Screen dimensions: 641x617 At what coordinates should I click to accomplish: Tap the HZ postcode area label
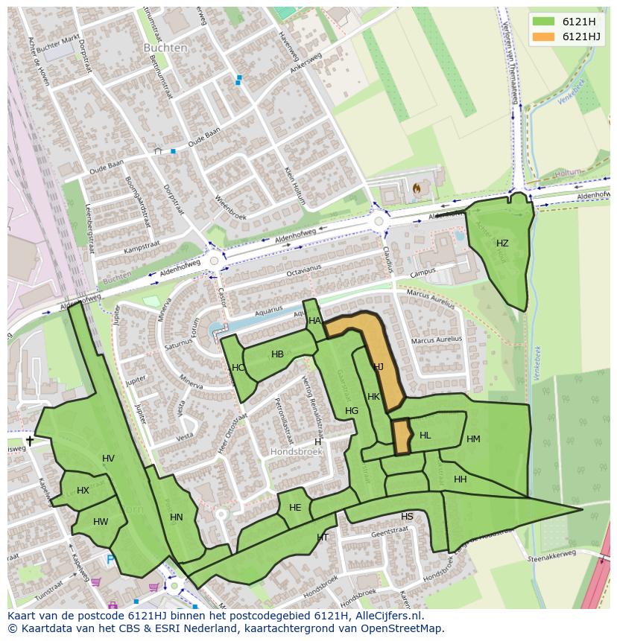pos(502,243)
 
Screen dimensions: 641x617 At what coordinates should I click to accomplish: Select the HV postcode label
pos(109,459)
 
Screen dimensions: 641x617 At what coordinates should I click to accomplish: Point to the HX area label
pos(83,491)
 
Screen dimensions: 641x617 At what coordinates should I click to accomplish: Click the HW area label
pos(101,522)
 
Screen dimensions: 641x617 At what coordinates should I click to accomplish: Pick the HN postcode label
pos(177,517)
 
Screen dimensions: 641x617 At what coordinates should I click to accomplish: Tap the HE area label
pos(295,508)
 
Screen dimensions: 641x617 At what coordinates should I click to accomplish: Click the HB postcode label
pos(277,354)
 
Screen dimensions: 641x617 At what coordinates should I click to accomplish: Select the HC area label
pos(238,368)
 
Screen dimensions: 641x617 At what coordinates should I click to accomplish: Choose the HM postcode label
pos(473,439)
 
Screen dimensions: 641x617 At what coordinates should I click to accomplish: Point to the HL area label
pos(425,436)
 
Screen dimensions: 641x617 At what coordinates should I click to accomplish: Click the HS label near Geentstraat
pos(407,517)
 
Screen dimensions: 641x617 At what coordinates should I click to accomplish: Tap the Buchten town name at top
pos(165,48)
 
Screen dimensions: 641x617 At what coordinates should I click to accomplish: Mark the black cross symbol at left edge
pos(30,441)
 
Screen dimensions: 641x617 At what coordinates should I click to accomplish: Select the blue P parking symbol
pos(110,559)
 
